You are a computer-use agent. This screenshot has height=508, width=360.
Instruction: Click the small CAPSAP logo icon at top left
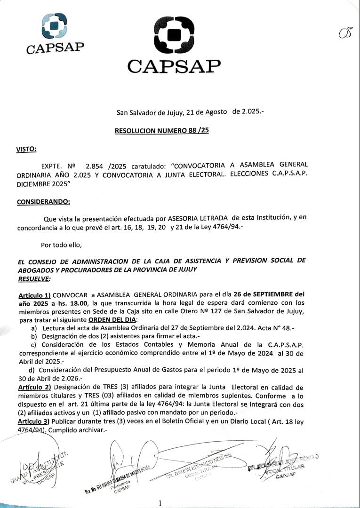pyautogui.click(x=54, y=26)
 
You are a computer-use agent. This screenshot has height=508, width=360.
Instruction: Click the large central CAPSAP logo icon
pyautogui.click(x=174, y=35)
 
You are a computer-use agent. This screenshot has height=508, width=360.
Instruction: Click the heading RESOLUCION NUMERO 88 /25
pyautogui.click(x=162, y=130)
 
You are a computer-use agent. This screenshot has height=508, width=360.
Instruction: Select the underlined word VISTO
pyautogui.click(x=26, y=149)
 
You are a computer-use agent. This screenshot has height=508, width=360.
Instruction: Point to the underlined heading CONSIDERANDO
pyautogui.click(x=43, y=202)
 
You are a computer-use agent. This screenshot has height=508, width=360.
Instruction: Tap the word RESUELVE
pyautogui.click(x=33, y=278)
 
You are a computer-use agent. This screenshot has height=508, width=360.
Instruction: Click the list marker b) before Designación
pyautogui.click(x=34, y=337)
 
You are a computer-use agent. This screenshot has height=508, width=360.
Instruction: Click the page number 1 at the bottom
pyautogui.click(x=160, y=503)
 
